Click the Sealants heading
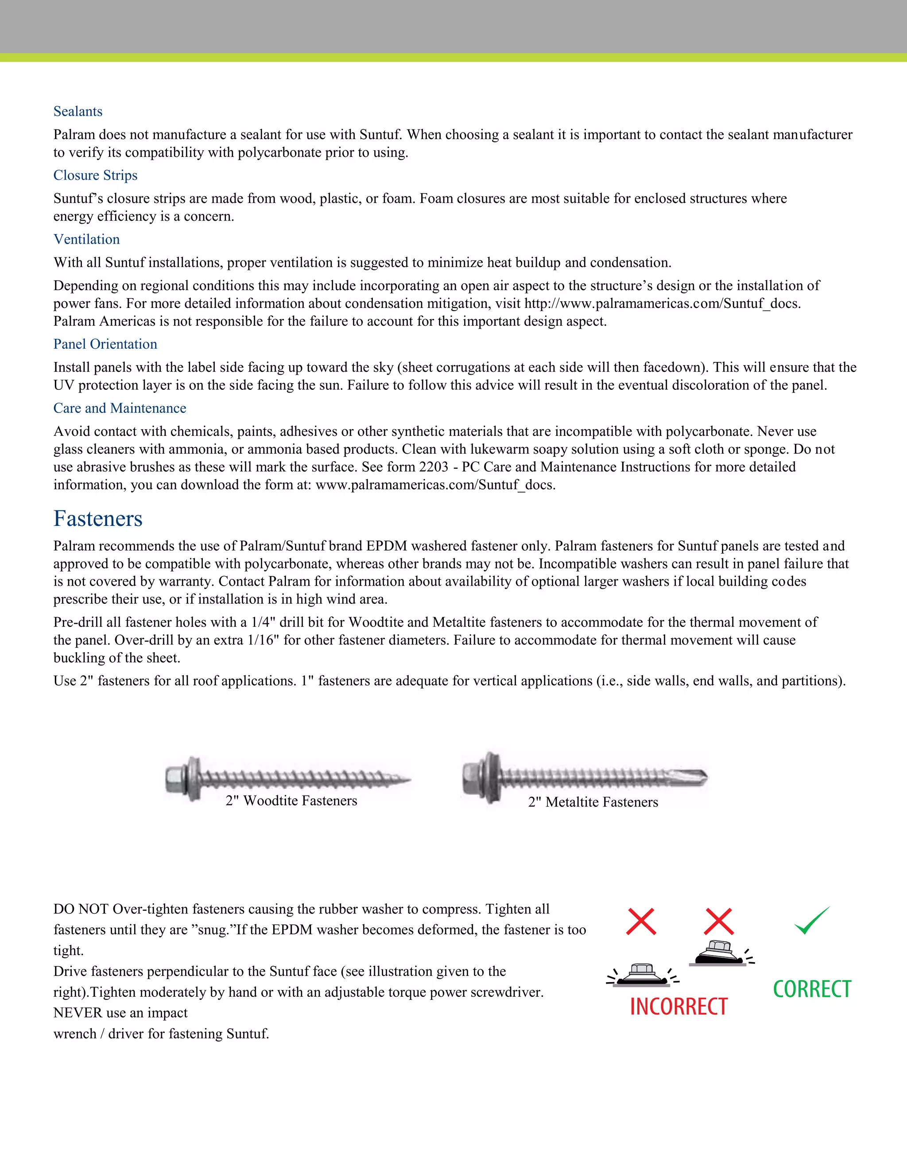coord(78,111)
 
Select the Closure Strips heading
coord(95,175)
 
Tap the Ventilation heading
coord(86,239)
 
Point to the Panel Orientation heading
coord(105,344)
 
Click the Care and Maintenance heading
coord(120,408)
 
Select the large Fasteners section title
coord(98,519)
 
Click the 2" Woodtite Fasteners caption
coord(291,801)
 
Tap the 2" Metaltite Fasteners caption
coord(593,802)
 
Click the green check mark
coord(811,921)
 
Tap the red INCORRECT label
coord(678,1006)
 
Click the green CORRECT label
coord(812,989)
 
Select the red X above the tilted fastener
coord(719,921)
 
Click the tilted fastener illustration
coord(719,953)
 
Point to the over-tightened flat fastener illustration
coord(642,975)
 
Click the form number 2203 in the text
coord(433,466)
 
